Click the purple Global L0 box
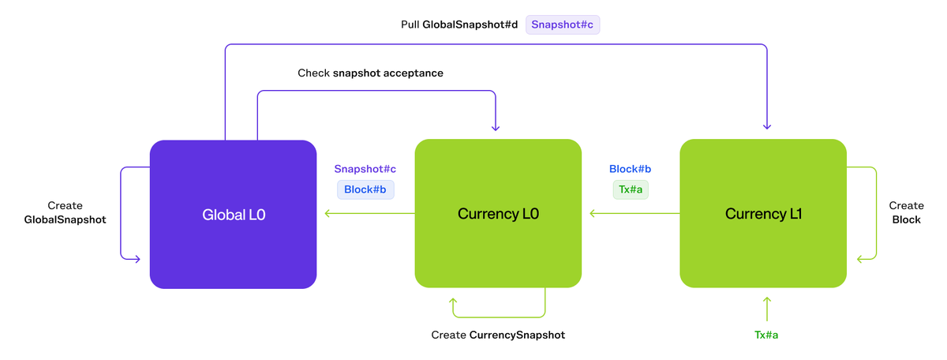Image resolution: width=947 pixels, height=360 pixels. tap(233, 213)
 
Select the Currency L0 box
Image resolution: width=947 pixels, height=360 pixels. tap(498, 213)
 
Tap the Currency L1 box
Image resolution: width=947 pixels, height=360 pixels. tap(763, 213)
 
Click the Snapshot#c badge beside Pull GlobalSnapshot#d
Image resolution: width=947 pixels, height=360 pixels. tap(563, 24)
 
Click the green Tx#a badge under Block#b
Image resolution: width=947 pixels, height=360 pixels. tap(630, 189)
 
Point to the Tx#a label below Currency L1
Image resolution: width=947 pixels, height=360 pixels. tap(766, 335)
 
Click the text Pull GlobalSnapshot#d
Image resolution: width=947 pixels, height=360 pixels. tap(459, 24)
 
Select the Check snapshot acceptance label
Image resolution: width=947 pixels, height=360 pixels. tap(370, 73)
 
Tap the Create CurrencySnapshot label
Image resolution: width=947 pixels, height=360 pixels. tap(498, 335)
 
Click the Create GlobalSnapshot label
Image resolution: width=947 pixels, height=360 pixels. tap(66, 212)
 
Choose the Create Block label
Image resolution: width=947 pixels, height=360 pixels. tap(905, 212)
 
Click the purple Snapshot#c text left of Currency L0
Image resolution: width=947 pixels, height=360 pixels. tap(365, 169)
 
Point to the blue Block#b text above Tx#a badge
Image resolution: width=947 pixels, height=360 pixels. tap(630, 169)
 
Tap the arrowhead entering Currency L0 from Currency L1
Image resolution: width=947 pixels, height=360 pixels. tap(591, 213)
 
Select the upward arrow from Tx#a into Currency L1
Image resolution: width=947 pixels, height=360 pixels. tap(766, 304)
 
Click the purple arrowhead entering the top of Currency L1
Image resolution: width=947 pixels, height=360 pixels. tap(766, 126)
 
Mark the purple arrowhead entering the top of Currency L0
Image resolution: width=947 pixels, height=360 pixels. tap(495, 126)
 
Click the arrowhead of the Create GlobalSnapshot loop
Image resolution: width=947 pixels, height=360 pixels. tap(137, 258)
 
